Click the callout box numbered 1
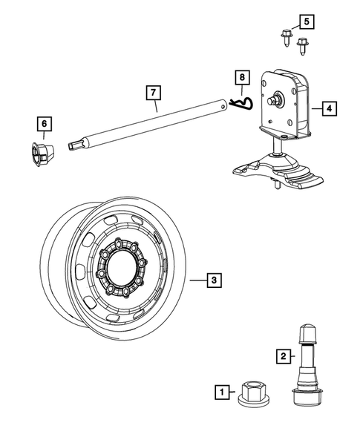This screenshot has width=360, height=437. (220, 389)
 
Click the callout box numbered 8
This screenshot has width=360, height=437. (240, 76)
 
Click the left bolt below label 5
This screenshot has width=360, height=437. (287, 36)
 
